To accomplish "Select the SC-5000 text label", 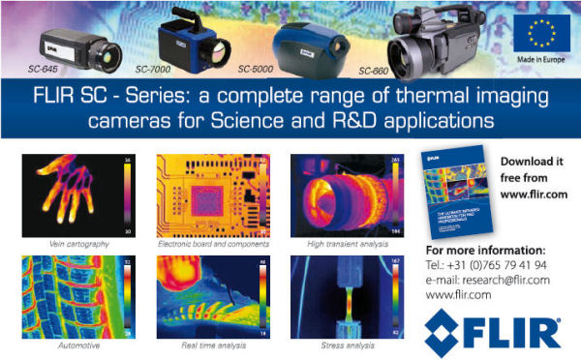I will coord(257,69).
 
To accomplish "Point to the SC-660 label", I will coord(377,71).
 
